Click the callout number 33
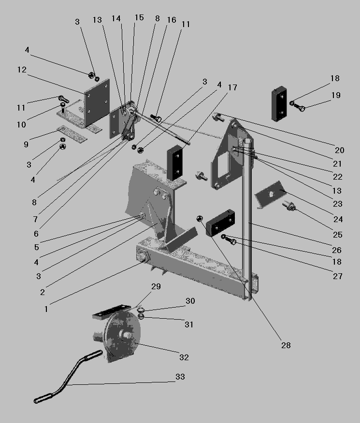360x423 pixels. (180, 377)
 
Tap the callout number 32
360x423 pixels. (184, 357)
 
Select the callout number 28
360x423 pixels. (286, 345)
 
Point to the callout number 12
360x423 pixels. (22, 70)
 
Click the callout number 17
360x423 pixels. (232, 87)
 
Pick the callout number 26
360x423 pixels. (336, 250)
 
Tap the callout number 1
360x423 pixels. (46, 308)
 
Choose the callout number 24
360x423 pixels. (338, 219)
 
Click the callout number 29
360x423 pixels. (156, 286)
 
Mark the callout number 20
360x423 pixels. (339, 150)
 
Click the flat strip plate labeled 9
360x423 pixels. (72, 134)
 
